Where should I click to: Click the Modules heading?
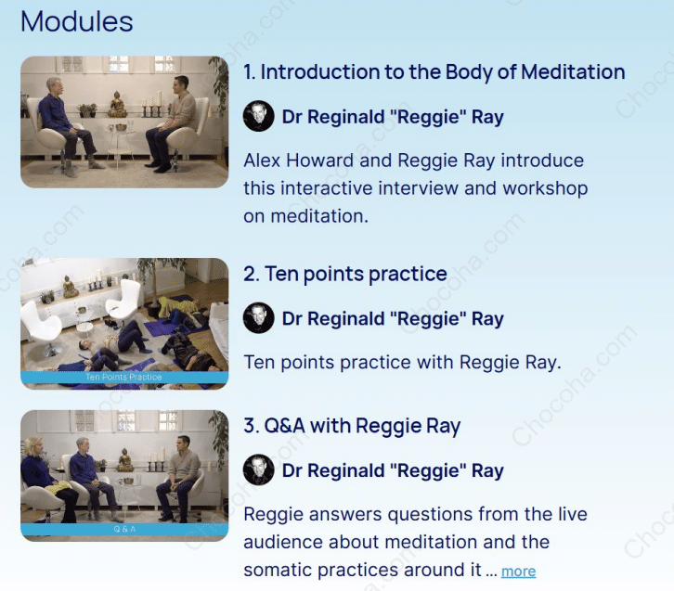tap(77, 21)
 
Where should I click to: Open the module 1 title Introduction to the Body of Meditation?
tap(434, 72)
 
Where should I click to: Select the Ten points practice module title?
tap(345, 275)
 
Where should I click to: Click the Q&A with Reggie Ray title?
tap(352, 427)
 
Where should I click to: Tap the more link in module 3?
tap(518, 572)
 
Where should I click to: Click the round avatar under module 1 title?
tap(258, 118)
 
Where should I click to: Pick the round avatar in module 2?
tap(258, 319)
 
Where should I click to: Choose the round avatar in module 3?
tap(258, 470)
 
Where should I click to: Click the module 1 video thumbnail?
tap(124, 122)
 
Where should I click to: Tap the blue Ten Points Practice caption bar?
tap(124, 378)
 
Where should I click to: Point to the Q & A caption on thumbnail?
tap(124, 530)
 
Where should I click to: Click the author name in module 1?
tap(393, 118)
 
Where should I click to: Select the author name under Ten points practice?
tap(393, 319)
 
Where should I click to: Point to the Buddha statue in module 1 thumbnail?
tap(118, 104)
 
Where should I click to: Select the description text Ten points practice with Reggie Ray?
tap(402, 362)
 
